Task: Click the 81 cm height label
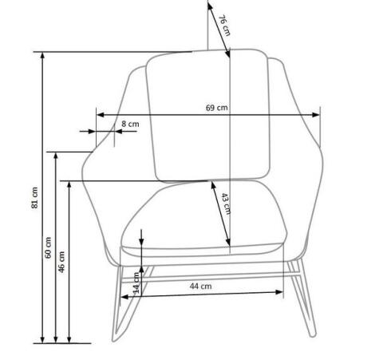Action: point(34,198)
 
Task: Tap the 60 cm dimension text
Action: point(48,247)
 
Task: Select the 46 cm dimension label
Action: point(61,262)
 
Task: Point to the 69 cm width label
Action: point(217,108)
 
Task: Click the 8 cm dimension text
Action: point(130,124)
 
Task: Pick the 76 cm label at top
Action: point(224,26)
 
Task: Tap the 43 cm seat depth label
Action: point(226,204)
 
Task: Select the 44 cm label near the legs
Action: point(201,287)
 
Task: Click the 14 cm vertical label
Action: point(136,283)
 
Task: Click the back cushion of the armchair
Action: point(209,116)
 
